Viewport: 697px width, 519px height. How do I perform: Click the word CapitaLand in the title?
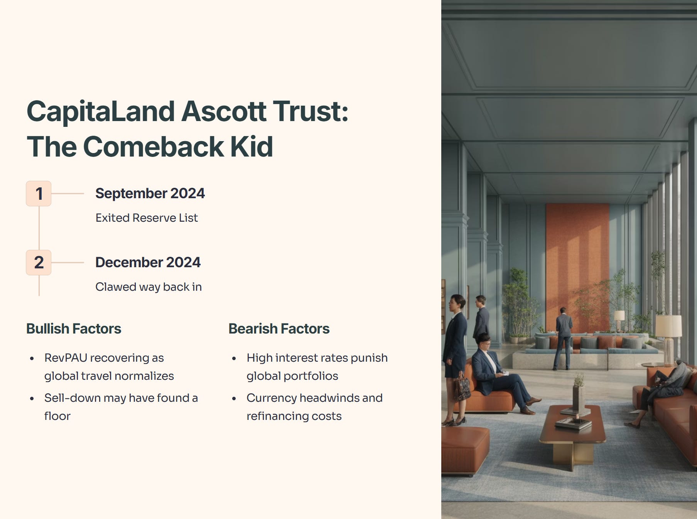(x=101, y=111)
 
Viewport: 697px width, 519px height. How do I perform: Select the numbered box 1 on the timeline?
(x=39, y=194)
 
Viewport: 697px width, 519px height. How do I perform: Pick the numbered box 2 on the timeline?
(x=39, y=263)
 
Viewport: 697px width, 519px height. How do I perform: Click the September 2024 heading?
(x=150, y=193)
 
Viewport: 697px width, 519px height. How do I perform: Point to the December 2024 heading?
(x=148, y=262)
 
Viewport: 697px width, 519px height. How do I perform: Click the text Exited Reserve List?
(x=147, y=218)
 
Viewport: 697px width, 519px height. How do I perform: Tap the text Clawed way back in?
(x=149, y=287)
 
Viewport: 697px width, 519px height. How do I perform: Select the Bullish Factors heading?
(x=74, y=329)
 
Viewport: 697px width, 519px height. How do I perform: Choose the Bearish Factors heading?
(x=279, y=329)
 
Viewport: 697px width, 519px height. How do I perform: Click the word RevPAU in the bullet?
(x=66, y=358)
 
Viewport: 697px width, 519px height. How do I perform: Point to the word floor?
(x=57, y=416)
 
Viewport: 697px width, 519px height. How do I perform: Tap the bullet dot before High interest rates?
(x=234, y=359)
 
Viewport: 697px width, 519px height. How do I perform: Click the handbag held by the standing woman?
(x=462, y=388)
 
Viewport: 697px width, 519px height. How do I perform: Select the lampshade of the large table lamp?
(x=668, y=326)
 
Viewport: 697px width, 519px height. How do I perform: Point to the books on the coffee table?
(x=573, y=423)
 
